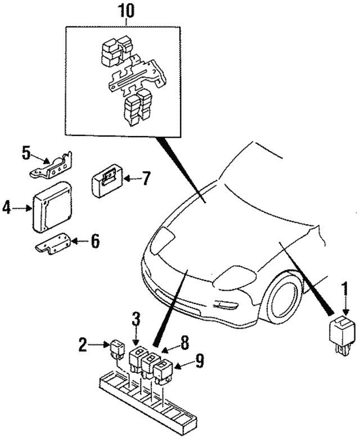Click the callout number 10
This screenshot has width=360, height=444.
(x=126, y=10)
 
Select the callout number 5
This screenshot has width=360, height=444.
(x=26, y=153)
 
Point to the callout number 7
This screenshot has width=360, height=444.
(x=145, y=179)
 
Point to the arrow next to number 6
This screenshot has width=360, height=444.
(x=77, y=242)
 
